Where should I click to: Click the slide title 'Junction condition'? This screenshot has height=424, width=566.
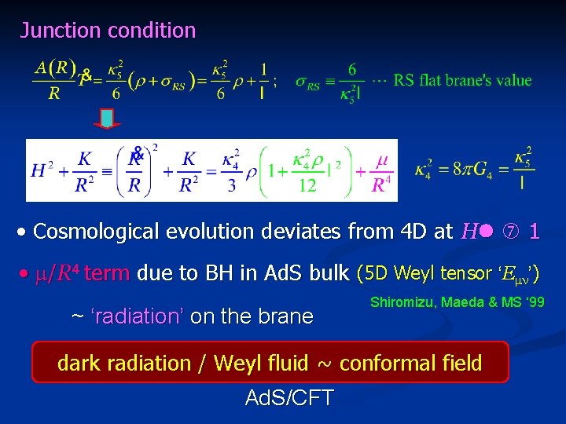coord(108,31)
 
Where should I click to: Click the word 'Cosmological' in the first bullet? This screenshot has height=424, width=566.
coord(96,232)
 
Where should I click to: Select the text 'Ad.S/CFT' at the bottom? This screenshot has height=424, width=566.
coord(289,398)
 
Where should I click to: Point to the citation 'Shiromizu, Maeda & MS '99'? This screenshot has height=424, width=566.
coord(457,302)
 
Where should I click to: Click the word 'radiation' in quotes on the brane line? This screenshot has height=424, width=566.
coord(137,316)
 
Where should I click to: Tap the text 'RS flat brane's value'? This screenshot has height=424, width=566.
coord(462,80)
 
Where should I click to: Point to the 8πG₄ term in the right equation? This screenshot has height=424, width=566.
coord(472,170)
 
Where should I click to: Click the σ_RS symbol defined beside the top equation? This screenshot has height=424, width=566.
coord(307,82)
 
